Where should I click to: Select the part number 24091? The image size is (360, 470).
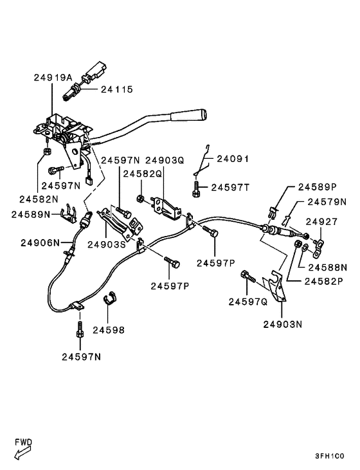pos(233,159)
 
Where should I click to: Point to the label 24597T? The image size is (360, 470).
pos(233,187)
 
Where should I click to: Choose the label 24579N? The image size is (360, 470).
pos(326,201)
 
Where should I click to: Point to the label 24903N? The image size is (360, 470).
pos(282,324)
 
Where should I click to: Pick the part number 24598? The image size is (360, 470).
pos(108,330)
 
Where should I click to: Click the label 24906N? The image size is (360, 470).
pos(40,242)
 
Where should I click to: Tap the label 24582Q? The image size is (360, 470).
pos(143,174)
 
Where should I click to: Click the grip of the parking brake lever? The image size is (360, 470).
pos(188,116)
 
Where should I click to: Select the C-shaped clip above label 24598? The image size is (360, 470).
pos(112,299)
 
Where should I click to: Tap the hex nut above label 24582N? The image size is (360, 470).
pos(47,152)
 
